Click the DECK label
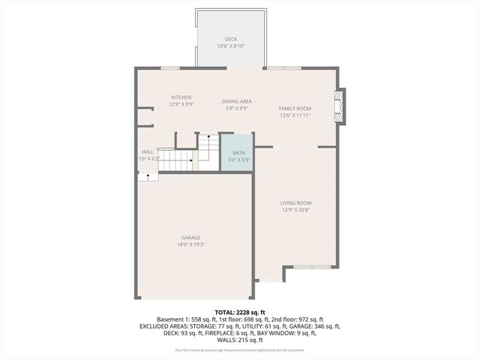(x=231, y=39)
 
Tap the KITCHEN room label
(x=181, y=97)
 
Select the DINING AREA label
(x=236, y=101)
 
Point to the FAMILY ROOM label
(x=295, y=108)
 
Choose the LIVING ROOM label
(x=295, y=202)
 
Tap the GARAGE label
(x=190, y=238)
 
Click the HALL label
(x=148, y=151)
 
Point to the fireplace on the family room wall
(x=341, y=106)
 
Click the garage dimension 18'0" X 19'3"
(x=190, y=244)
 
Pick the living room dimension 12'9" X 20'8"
(x=295, y=209)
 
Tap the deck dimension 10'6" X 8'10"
(x=231, y=46)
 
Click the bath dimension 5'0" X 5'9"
(x=238, y=160)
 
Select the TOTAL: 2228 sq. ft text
(x=240, y=312)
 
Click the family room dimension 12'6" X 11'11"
(x=295, y=115)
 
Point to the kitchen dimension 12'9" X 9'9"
(x=181, y=104)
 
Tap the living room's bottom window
(x=310, y=266)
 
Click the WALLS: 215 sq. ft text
(x=240, y=340)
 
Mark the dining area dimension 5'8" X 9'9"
(x=236, y=108)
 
